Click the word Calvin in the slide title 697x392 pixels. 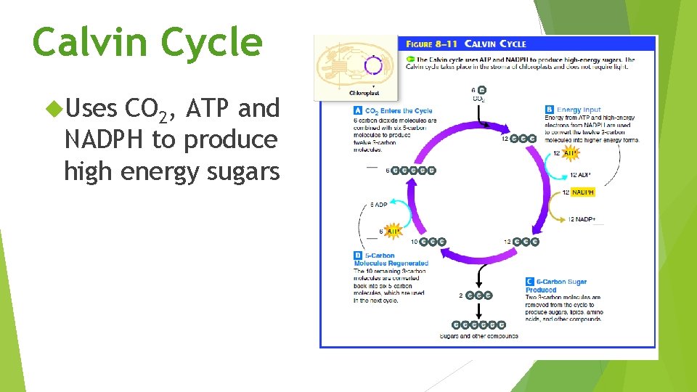pos(93,42)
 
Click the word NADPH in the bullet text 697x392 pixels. pos(105,139)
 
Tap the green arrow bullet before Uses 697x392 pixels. pos(53,108)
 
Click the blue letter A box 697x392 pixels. pos(358,111)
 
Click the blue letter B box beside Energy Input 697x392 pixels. pos(550,110)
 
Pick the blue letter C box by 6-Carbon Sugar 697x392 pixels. pos(529,282)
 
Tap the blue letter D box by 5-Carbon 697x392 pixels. pos(358,256)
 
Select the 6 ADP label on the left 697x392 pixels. pos(379,205)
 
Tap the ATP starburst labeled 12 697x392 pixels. pos(569,153)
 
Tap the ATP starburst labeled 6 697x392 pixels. pos(393,232)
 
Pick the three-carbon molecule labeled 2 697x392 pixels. pos(478,295)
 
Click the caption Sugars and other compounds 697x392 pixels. pos(479,336)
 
